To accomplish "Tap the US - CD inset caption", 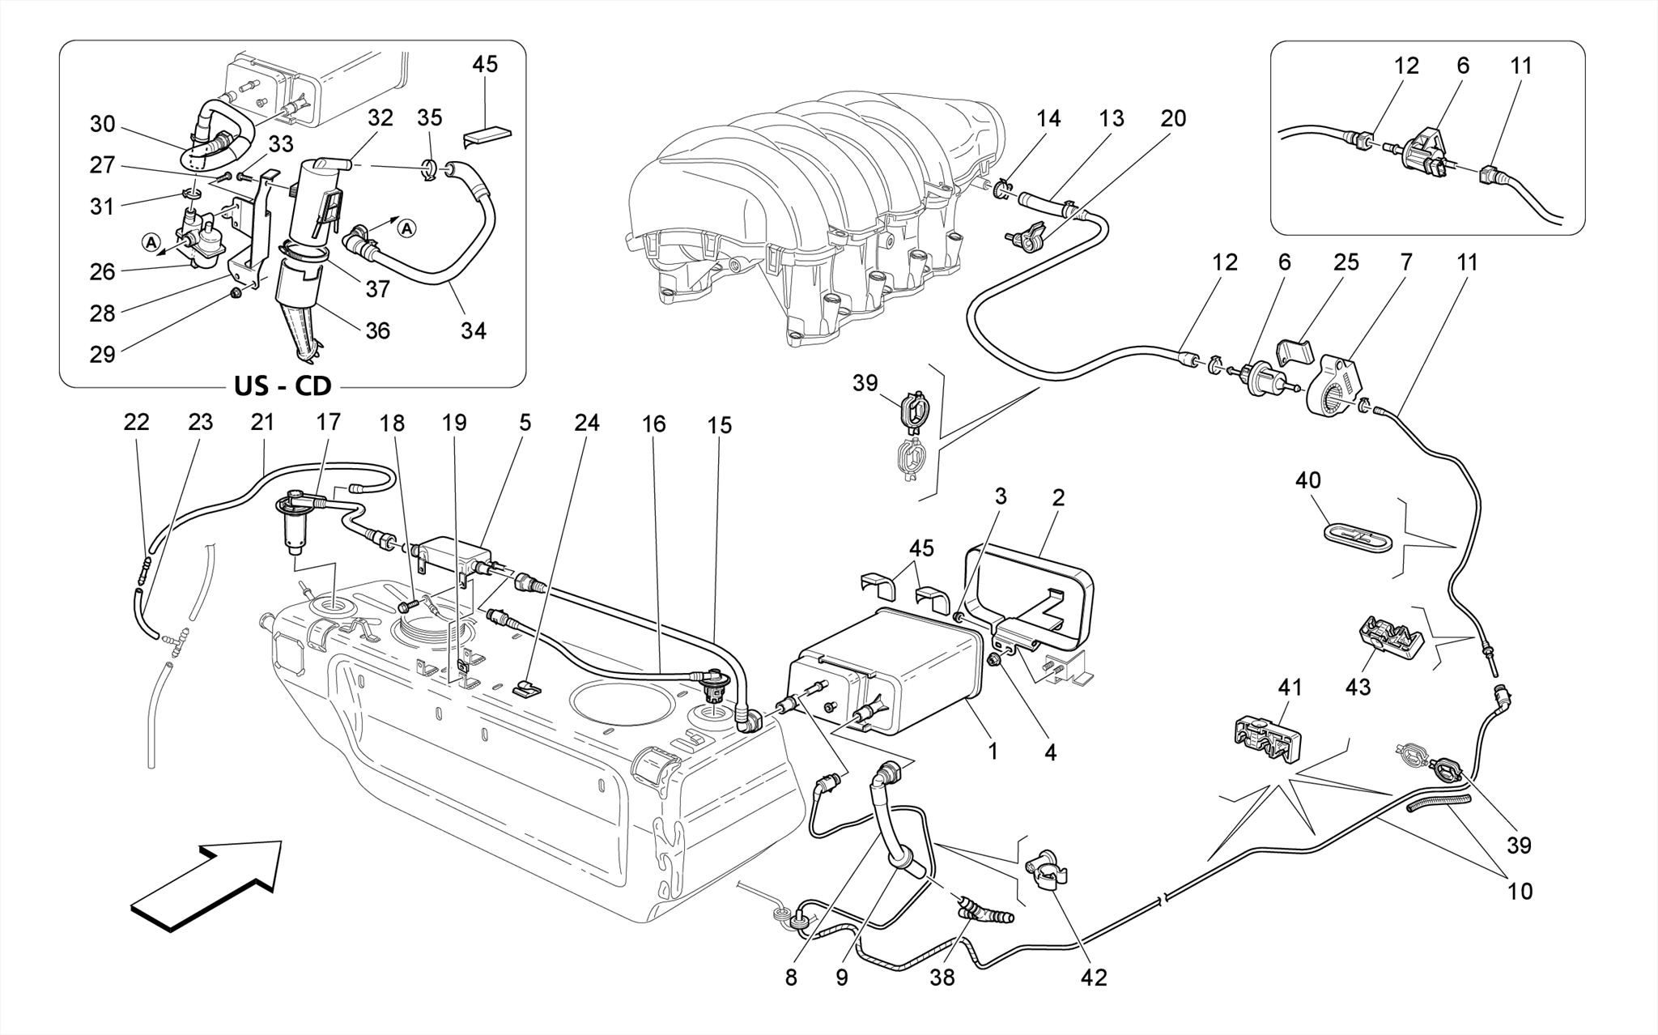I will pos(283,385).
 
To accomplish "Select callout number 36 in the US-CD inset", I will pos(377,330).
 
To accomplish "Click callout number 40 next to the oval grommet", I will pos(1307,480).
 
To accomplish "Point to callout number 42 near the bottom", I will pos(1093,977).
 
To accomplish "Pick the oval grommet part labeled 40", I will pos(1357,536).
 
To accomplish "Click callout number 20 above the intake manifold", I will pos(1172,118).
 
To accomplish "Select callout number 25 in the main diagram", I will pos(1346,262).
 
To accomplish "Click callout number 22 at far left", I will pos(137,422).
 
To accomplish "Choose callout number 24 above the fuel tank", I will pos(587,423).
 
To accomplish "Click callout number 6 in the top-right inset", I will pos(1462,66).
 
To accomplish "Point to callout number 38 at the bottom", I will pos(942,977).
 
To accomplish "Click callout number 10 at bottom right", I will pos(1520,891).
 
